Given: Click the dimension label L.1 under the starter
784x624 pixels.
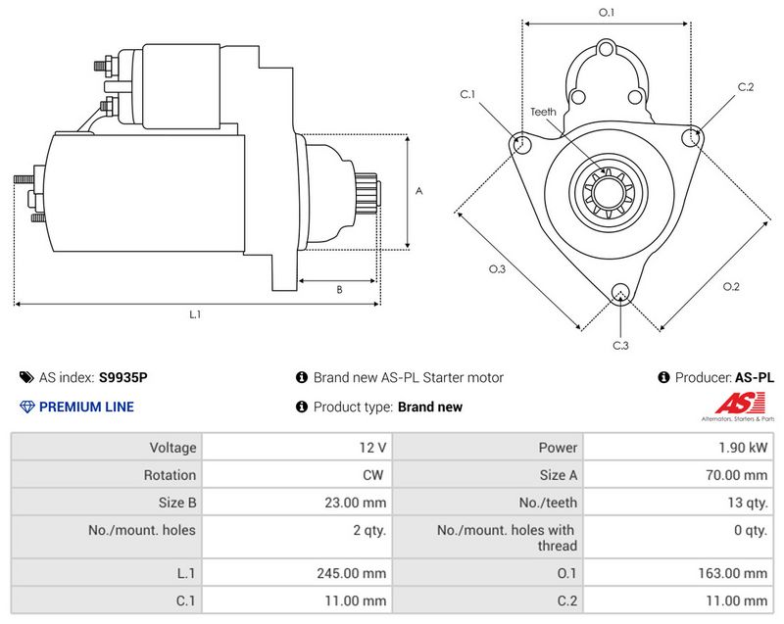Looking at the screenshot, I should pyautogui.click(x=195, y=314).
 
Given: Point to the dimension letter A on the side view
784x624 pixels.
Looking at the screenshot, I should pyautogui.click(x=418, y=192).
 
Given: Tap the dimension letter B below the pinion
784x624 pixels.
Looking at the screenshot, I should pyautogui.click(x=339, y=290).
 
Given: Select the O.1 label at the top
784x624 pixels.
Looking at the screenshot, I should pyautogui.click(x=607, y=12).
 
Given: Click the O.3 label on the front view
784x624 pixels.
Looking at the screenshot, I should pyautogui.click(x=497, y=269).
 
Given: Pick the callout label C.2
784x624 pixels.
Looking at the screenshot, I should pyautogui.click(x=746, y=87).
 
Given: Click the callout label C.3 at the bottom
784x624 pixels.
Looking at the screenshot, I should pyautogui.click(x=620, y=346).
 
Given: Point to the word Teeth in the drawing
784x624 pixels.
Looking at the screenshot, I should pyautogui.click(x=543, y=112).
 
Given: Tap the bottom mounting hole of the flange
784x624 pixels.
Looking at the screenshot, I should pyautogui.click(x=619, y=293).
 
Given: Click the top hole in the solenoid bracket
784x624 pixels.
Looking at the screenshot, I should pyautogui.click(x=607, y=49).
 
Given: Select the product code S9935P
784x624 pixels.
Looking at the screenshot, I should pyautogui.click(x=123, y=377).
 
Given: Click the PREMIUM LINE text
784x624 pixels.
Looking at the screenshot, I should pyautogui.click(x=86, y=407).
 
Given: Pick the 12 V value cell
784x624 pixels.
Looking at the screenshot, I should pyautogui.click(x=372, y=448).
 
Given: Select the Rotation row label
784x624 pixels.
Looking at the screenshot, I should pyautogui.click(x=172, y=475).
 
